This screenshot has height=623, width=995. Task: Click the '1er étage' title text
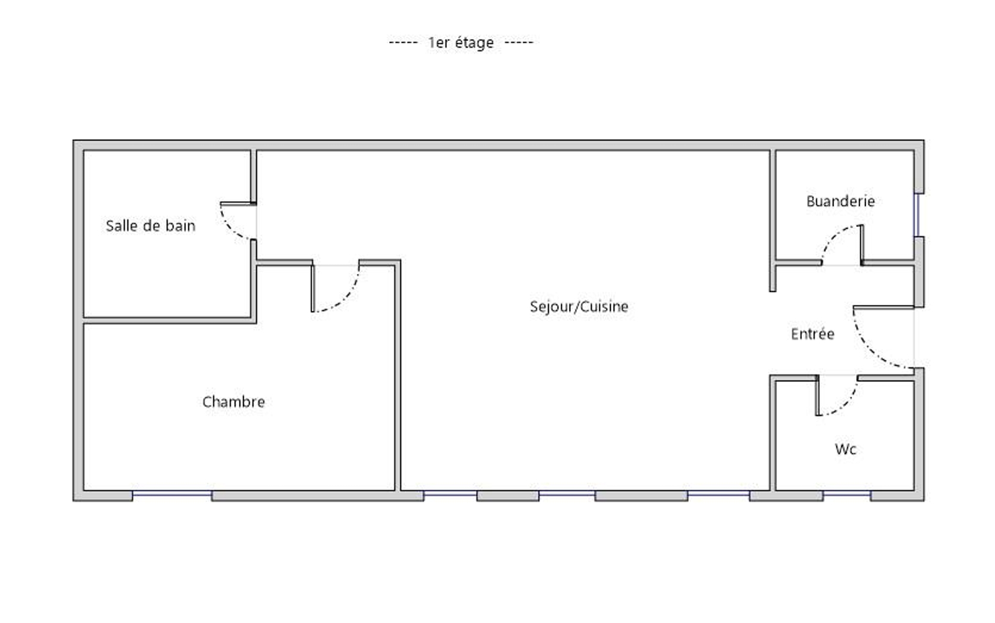tap(461, 43)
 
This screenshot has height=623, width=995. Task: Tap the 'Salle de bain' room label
tap(150, 226)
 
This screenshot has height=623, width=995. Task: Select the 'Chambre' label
tap(233, 402)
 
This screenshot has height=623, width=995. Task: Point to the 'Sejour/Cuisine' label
tap(579, 307)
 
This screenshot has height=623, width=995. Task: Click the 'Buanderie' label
tap(841, 201)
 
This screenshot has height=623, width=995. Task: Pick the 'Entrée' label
tap(813, 334)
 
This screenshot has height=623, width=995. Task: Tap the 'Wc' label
tap(845, 449)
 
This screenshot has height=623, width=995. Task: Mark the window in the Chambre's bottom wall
tap(172, 493)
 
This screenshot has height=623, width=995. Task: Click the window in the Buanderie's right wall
tap(917, 215)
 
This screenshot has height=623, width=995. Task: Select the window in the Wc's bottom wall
tap(847, 493)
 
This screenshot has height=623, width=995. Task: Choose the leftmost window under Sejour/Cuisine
tap(450, 493)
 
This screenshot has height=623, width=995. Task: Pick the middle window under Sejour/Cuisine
tap(567, 493)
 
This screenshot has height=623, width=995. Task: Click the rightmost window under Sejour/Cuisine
tap(719, 493)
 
